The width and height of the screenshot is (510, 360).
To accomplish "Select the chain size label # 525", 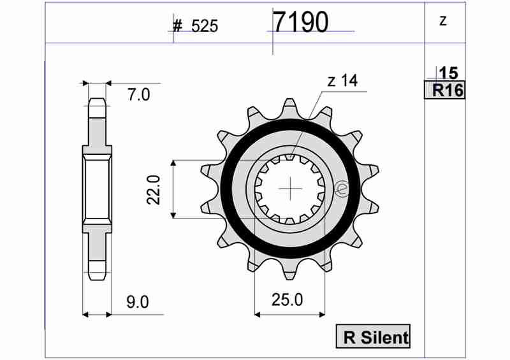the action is coord(196,26).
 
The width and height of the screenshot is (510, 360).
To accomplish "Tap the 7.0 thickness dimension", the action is coord(138,95).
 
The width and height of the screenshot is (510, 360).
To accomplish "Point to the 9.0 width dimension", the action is coord(138,302).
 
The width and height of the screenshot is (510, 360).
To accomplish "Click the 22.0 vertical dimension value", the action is coord(154,190).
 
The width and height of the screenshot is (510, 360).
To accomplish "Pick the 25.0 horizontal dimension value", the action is coord(288,299).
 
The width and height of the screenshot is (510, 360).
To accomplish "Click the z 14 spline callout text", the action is coord(342,81).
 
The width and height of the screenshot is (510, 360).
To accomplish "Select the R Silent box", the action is coord(373,336).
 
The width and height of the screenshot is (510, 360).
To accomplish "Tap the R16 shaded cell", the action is coord(444,90).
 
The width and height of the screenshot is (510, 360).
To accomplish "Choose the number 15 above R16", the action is coord(449,73).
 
